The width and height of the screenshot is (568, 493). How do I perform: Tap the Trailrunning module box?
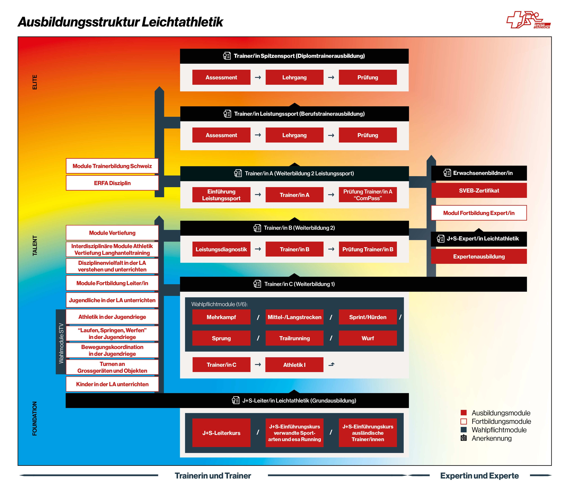(294, 338)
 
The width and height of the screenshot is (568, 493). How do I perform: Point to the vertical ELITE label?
(35, 82)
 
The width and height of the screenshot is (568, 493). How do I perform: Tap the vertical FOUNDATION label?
(35, 418)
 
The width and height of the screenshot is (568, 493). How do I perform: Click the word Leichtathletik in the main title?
(182, 22)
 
